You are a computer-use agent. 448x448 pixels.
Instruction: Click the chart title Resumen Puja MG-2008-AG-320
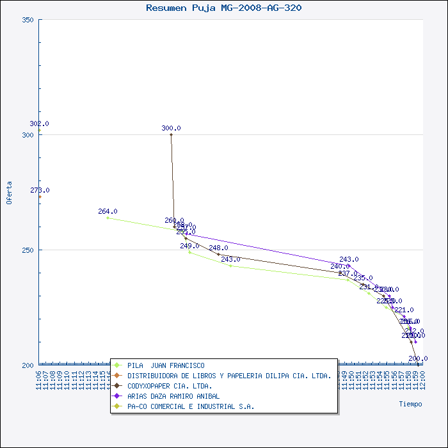(224, 8)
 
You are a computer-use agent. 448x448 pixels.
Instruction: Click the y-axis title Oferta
(9, 192)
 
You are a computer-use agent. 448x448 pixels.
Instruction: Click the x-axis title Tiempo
(410, 404)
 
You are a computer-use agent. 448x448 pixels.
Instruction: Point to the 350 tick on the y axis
(28, 20)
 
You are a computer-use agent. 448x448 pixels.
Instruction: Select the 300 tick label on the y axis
(28, 135)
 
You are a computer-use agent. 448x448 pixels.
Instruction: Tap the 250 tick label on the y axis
(28, 250)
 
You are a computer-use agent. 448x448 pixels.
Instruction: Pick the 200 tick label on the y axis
(28, 365)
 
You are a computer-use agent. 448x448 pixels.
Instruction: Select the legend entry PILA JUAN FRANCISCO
(166, 365)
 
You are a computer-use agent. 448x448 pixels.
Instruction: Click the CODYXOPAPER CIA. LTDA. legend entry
(170, 386)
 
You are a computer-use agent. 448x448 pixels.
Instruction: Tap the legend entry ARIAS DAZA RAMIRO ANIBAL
(173, 396)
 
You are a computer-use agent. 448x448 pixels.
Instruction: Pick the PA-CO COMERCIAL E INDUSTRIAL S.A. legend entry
(190, 406)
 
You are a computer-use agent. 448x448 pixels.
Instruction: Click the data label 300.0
(171, 128)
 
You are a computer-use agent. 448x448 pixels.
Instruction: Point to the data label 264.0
(108, 211)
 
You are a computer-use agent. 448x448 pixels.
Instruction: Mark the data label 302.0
(39, 124)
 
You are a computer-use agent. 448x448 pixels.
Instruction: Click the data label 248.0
(218, 248)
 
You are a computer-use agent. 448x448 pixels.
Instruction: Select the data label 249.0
(189, 246)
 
